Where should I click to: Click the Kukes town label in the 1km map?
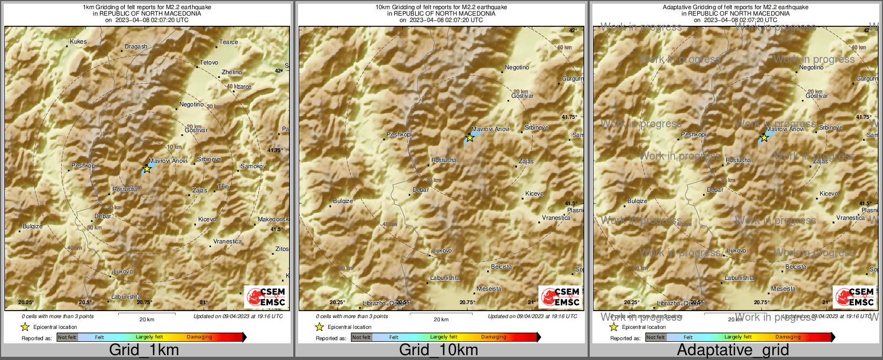pyautogui.click(x=78, y=41)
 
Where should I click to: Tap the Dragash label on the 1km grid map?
pyautogui.click(x=135, y=47)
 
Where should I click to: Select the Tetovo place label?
pyautogui.click(x=209, y=63)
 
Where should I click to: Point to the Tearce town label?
pyautogui.click(x=228, y=42)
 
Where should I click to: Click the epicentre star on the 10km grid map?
pyautogui.click(x=469, y=138)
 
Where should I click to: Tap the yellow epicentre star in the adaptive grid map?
pyautogui.click(x=764, y=138)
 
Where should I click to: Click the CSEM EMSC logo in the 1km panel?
pyautogui.click(x=266, y=297)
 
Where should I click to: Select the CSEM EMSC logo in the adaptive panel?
pyautogui.click(x=855, y=297)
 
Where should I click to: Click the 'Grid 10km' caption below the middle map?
pyautogui.click(x=438, y=350)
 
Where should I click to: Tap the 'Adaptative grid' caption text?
pyautogui.click(x=733, y=350)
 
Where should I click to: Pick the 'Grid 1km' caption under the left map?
pyautogui.click(x=144, y=350)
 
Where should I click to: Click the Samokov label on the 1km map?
pyautogui.click(x=253, y=167)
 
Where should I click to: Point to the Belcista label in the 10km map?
pyautogui.click(x=502, y=267)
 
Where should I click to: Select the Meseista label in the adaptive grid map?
pyautogui.click(x=783, y=289)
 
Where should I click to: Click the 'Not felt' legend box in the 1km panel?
pyautogui.click(x=67, y=337)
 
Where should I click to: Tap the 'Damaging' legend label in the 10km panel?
pyautogui.click(x=494, y=337)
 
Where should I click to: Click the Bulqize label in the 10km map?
pyautogui.click(x=343, y=201)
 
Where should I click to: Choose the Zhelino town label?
pyautogui.click(x=231, y=72)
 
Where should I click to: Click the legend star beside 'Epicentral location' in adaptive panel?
pyautogui.click(x=613, y=327)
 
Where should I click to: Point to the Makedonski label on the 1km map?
pyautogui.click(x=273, y=220)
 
